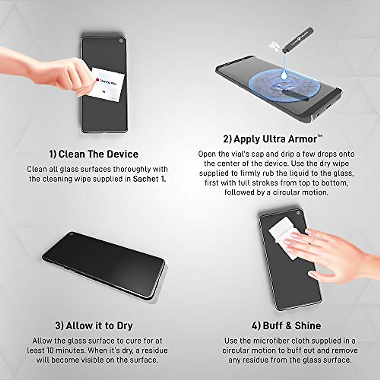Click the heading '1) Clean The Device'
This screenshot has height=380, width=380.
[94, 154]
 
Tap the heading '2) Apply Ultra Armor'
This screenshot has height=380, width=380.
[273, 139]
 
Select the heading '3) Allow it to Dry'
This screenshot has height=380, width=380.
[94, 326]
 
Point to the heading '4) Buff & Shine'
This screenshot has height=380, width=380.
[287, 326]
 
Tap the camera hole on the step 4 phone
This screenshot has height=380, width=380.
[298, 213]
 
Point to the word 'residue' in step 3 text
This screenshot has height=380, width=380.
[155, 351]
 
